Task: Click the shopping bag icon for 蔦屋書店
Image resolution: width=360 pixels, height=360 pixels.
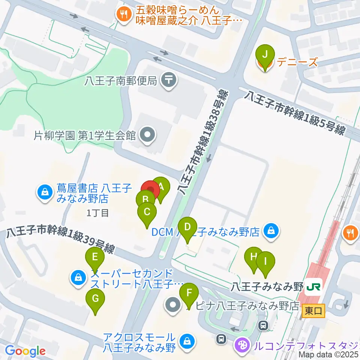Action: pos(45,193)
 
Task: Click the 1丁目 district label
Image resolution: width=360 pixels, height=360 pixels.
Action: pos(97,213)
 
